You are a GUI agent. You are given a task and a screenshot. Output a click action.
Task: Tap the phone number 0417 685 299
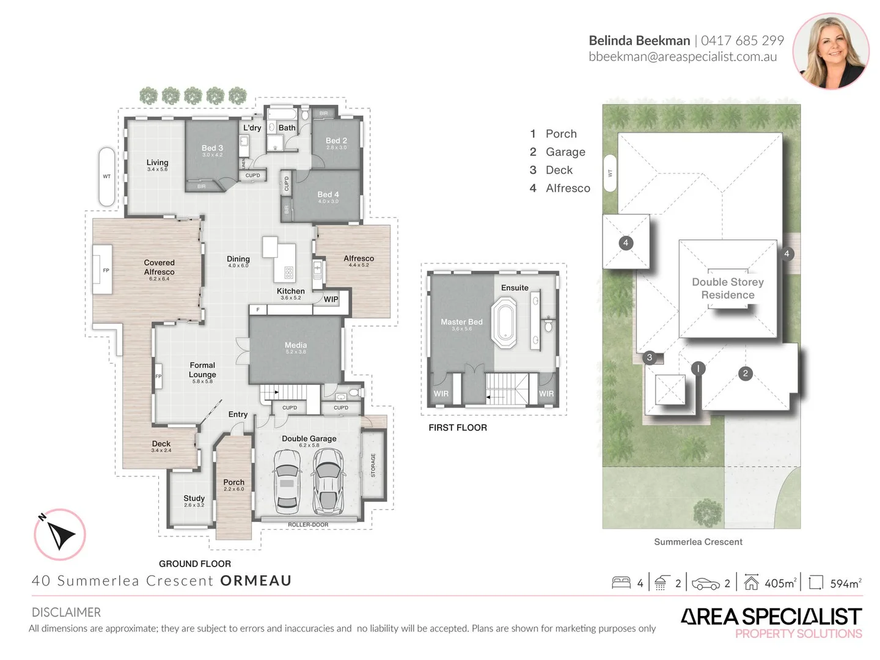point(742,41)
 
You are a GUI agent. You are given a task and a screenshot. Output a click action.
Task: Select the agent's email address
point(683,57)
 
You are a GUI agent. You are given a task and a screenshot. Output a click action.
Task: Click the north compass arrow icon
point(60,535)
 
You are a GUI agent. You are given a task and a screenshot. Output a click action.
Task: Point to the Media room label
point(295,346)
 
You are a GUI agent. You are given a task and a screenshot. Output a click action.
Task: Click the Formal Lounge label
point(202,370)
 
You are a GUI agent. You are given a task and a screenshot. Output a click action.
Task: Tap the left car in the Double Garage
point(286,482)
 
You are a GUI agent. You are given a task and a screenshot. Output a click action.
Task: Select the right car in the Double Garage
point(328,482)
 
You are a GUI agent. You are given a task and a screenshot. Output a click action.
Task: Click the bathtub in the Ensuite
point(505,323)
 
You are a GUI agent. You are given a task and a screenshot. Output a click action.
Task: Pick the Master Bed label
point(461,322)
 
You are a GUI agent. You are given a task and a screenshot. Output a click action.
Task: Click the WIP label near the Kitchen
point(331,299)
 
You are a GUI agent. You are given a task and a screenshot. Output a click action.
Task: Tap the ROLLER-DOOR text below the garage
point(308,525)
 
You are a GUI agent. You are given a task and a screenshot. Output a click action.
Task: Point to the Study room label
point(194,499)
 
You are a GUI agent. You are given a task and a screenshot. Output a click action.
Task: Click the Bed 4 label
point(328,194)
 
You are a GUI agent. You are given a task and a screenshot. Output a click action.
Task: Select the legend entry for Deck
point(559,170)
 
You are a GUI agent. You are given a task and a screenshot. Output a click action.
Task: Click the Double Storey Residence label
point(728,288)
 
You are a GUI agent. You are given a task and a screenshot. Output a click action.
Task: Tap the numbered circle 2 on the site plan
point(745,373)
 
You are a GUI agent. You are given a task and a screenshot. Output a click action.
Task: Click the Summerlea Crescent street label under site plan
point(698,542)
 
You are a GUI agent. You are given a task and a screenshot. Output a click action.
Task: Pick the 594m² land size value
point(845,584)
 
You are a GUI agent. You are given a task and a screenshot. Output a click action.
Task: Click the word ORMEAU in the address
point(255,581)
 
